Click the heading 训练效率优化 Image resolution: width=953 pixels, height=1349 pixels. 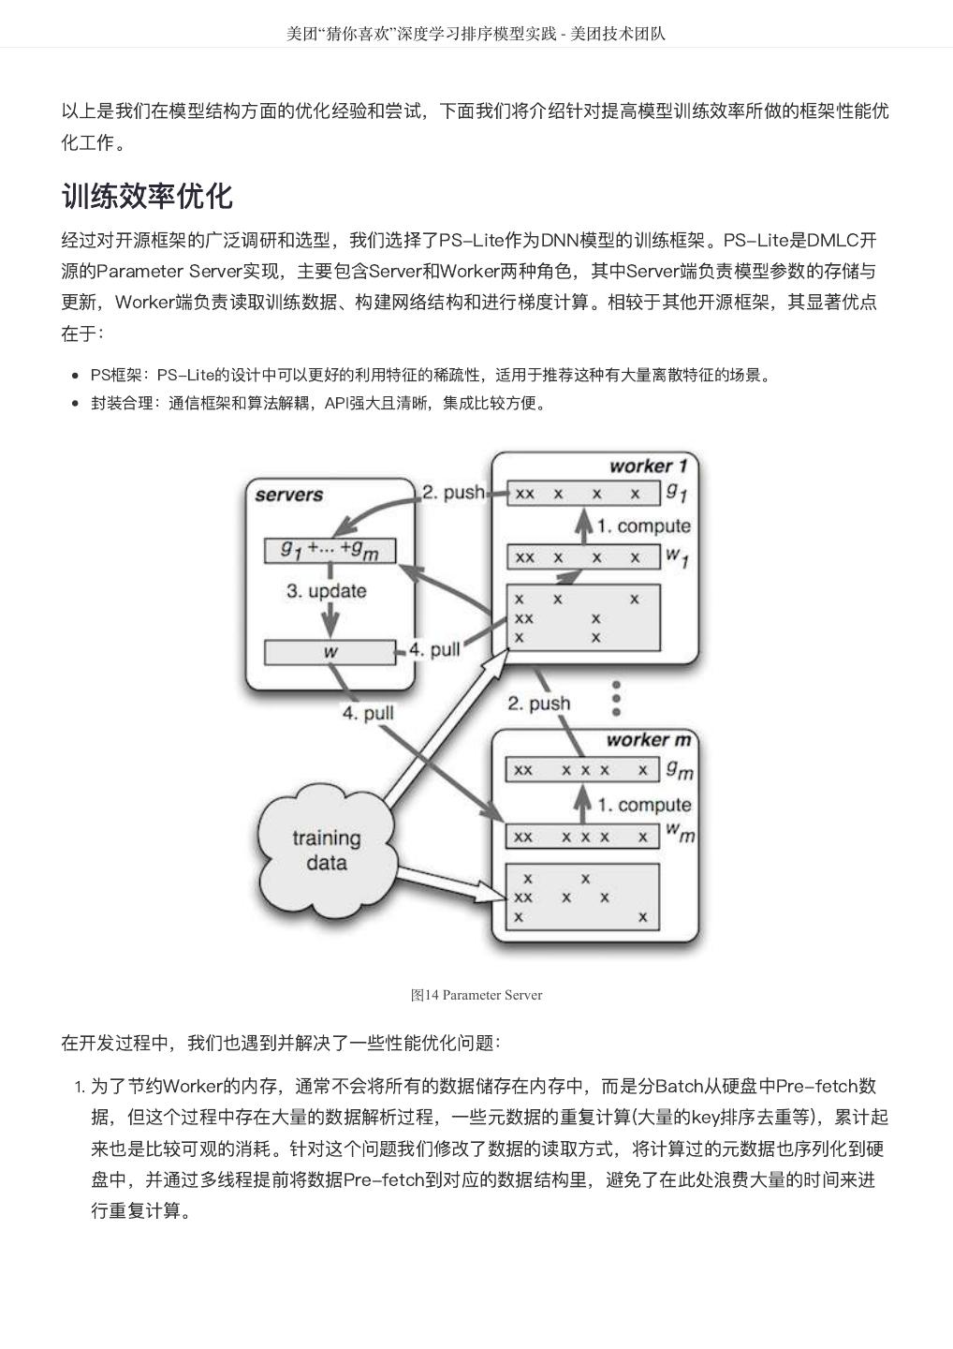[x=147, y=196]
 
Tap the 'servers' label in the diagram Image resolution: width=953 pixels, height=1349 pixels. [x=288, y=495]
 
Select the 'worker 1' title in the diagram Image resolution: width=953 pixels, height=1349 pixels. [x=648, y=466]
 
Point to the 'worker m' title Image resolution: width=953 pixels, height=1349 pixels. [x=648, y=740]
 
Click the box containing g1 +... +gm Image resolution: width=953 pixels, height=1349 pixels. [x=330, y=551]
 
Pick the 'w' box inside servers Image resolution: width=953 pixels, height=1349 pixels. [x=330, y=651]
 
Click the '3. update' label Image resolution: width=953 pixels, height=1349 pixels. [x=326, y=591]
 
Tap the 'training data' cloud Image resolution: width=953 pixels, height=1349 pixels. [x=326, y=850]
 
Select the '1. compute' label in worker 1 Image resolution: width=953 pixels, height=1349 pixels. [x=644, y=526]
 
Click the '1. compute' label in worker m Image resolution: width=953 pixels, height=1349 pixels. [x=644, y=805]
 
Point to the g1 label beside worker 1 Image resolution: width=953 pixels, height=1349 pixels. [x=677, y=490]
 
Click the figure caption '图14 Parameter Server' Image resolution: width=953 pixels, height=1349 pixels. [x=476, y=995]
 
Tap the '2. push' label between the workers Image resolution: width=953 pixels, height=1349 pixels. [x=538, y=704]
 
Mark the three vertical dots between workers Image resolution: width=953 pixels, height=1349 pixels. [x=616, y=697]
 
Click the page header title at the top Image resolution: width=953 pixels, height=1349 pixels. [x=476, y=34]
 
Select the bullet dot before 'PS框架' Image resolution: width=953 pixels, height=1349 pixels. [x=75, y=376]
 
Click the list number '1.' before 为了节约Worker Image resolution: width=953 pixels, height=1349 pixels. [x=80, y=1088]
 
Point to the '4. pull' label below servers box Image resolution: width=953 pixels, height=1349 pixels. [x=367, y=714]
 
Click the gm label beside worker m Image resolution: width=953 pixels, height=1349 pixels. [x=680, y=770]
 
